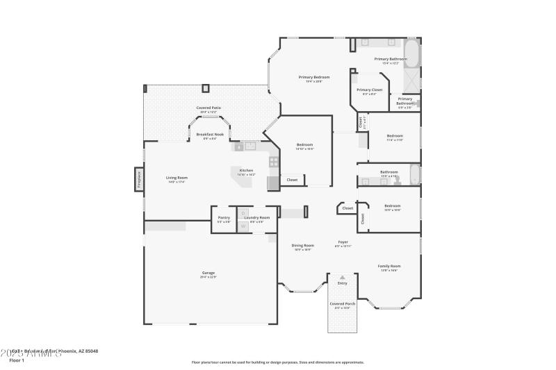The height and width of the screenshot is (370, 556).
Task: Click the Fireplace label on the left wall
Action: click(x=138, y=179)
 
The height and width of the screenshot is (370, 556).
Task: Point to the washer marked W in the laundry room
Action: click(x=243, y=226)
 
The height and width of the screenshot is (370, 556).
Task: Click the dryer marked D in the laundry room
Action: click(x=243, y=213)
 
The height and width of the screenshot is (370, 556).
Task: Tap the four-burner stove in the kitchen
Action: click(x=274, y=162)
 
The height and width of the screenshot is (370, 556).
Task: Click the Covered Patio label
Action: click(x=208, y=108)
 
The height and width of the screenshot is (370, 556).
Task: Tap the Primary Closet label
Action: click(x=369, y=90)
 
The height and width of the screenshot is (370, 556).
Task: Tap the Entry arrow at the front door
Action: click(x=342, y=278)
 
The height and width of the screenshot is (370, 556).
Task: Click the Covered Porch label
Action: click(x=342, y=304)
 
